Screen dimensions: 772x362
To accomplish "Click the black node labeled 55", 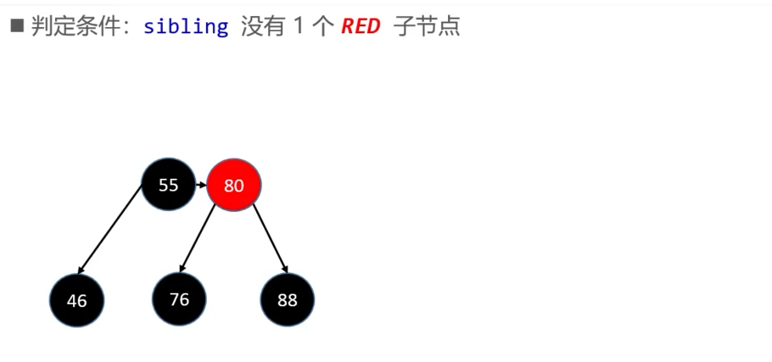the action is (168, 185).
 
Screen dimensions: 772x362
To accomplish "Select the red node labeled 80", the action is (234, 185).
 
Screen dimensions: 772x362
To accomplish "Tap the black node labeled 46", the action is (77, 300).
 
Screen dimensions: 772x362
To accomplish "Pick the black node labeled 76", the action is (179, 299).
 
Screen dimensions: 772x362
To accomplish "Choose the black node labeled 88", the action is (288, 299).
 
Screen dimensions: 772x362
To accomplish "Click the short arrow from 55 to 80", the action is (201, 185).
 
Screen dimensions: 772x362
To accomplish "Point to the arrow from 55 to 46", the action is (110, 230).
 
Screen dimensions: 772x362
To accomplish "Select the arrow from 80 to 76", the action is (198, 238).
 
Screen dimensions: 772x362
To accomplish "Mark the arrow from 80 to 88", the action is (270, 238).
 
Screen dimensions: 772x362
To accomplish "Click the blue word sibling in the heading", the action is (186, 26).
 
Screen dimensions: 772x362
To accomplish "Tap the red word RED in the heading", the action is (361, 26).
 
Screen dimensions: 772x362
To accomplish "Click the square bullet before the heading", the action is (17, 25).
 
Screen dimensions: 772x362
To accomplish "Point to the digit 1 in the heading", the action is (298, 26).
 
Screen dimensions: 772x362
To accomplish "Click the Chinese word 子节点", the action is (427, 26).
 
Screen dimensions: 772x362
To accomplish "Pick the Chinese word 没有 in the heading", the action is (263, 26).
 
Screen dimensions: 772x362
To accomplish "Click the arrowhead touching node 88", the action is (285, 269).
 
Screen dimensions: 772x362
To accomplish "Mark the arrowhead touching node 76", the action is (182, 269).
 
